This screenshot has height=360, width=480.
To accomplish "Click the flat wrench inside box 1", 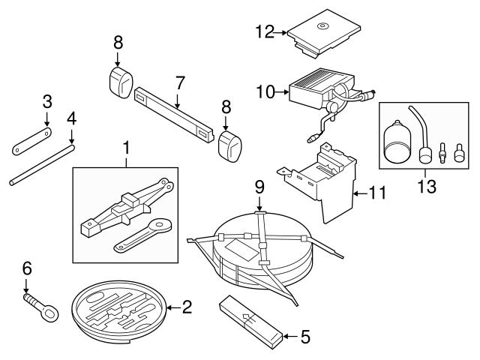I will (x=146, y=236).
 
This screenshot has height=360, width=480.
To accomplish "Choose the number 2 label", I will (x=188, y=306).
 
